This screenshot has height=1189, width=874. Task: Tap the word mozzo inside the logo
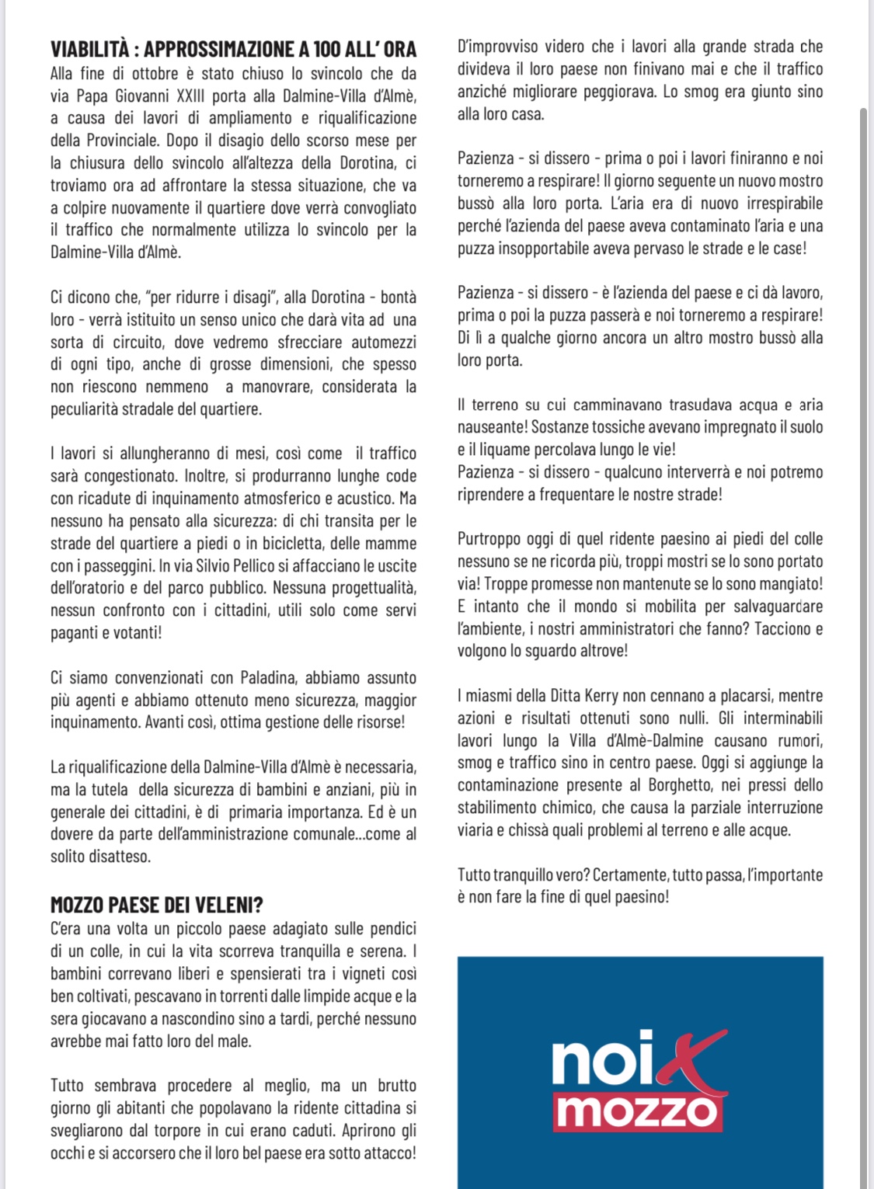(x=638, y=1112)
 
